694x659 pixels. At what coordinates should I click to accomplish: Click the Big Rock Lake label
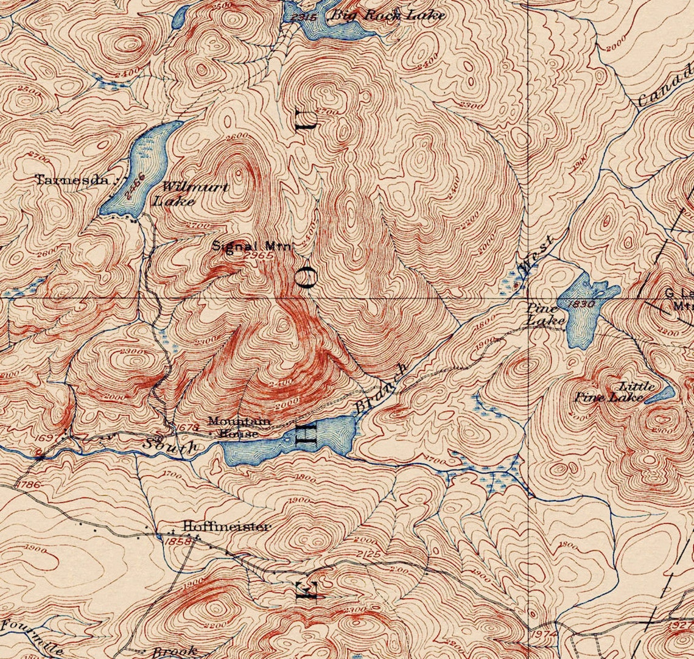[x=387, y=15]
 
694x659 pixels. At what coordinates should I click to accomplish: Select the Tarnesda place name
[x=72, y=180]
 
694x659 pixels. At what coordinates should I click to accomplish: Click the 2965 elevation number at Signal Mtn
[x=258, y=256]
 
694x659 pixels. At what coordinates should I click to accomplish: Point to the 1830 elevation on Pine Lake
[x=583, y=304]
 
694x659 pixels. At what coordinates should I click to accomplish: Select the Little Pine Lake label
[x=615, y=392]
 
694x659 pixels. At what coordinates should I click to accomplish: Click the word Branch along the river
[x=380, y=389]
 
